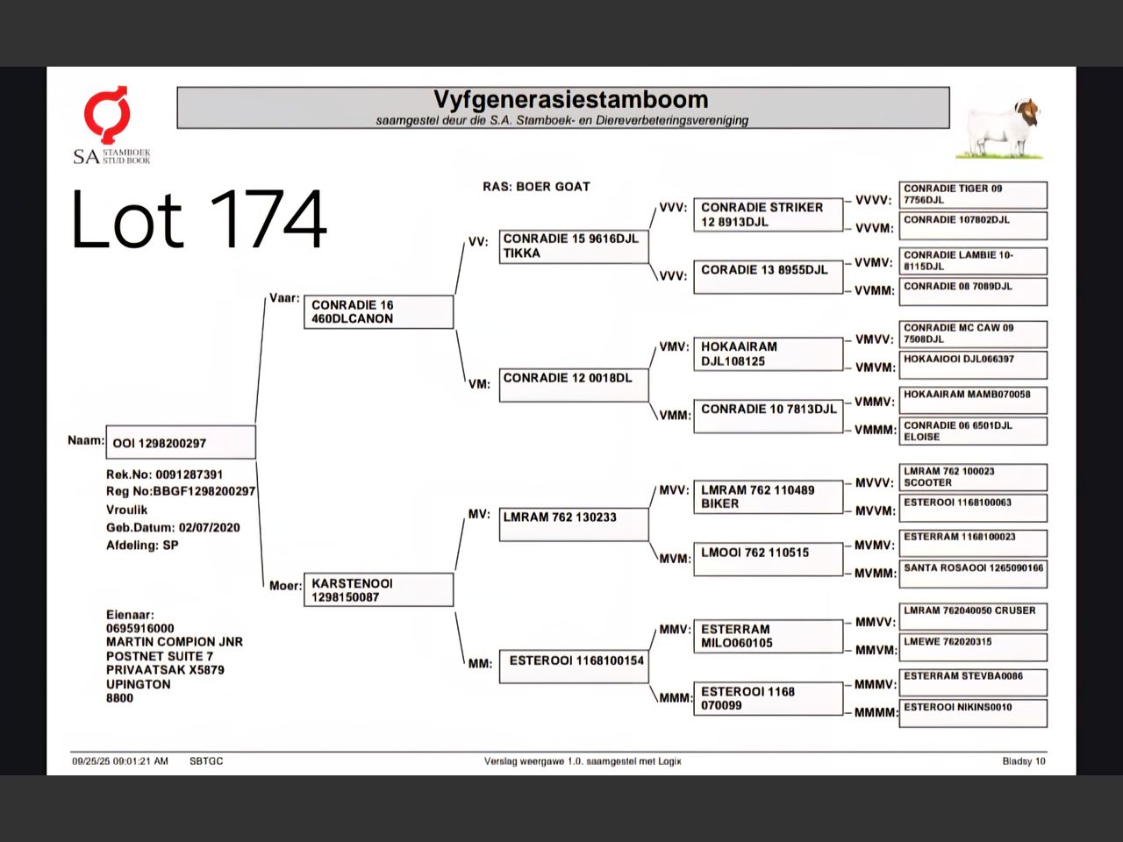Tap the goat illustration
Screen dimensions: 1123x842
click(999, 128)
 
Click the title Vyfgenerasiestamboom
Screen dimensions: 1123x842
click(570, 99)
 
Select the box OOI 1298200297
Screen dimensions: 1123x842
click(181, 442)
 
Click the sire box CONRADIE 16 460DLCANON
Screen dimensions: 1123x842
click(379, 312)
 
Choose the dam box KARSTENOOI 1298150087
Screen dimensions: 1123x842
click(379, 590)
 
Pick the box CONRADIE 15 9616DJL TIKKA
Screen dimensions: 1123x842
click(574, 246)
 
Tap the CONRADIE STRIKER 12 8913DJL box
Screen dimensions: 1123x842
click(769, 215)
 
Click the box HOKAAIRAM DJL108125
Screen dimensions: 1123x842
click(769, 353)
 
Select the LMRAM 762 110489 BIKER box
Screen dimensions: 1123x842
click(769, 497)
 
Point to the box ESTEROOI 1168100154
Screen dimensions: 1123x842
click(574, 667)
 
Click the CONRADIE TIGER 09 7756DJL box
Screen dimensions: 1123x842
click(973, 195)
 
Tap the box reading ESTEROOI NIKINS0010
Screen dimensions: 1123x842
click(973, 713)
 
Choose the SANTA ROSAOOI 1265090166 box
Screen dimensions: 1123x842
click(973, 574)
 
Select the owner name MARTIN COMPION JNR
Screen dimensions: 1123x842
click(175, 642)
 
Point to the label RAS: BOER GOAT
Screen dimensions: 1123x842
click(536, 187)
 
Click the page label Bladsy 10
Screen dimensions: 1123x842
click(1024, 761)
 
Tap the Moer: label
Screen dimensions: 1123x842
click(285, 586)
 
